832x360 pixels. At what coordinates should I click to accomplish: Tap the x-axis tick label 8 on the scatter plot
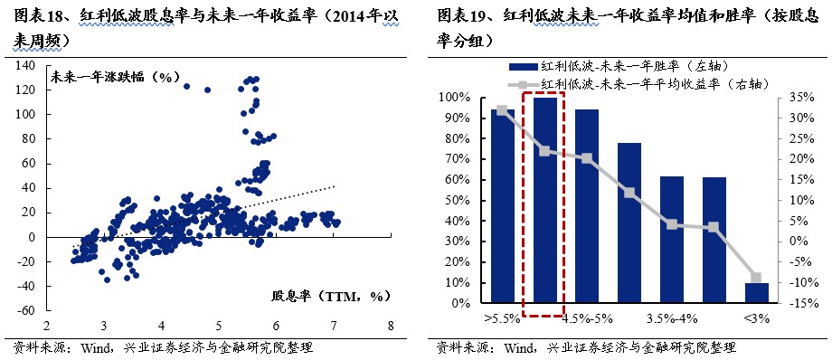[x=390, y=326]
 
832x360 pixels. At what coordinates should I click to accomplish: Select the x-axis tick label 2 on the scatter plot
[x=46, y=326]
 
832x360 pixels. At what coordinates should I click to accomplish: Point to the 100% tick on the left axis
[x=455, y=97]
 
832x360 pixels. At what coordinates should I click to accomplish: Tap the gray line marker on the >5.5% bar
[x=502, y=110]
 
